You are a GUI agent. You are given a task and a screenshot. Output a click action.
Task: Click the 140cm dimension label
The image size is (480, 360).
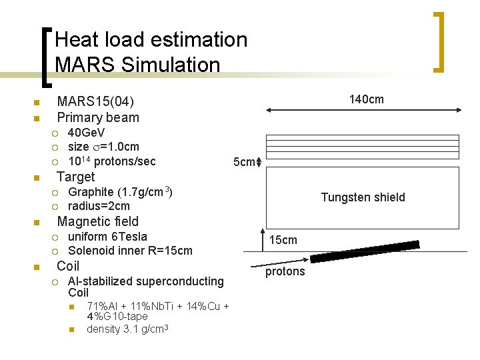pyautogui.click(x=367, y=99)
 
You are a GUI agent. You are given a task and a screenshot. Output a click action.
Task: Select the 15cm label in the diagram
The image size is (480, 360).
pyautogui.click(x=283, y=239)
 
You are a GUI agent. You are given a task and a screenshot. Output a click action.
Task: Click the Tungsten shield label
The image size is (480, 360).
pyautogui.click(x=363, y=197)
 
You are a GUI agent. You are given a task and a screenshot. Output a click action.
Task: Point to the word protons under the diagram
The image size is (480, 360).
pyautogui.click(x=285, y=271)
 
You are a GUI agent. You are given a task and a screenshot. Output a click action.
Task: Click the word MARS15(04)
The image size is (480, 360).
pyautogui.click(x=95, y=102)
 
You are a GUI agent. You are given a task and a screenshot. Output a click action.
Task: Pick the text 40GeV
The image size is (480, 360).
pyautogui.click(x=87, y=133)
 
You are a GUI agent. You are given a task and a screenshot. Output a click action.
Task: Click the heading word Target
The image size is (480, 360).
pyautogui.click(x=76, y=177)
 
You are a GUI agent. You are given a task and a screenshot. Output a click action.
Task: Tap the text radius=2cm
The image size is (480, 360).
pyautogui.click(x=99, y=206)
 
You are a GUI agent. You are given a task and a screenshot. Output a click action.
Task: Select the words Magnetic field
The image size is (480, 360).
pyautogui.click(x=98, y=221)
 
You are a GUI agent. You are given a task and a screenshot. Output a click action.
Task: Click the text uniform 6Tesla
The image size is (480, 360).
pyautogui.click(x=107, y=237)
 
